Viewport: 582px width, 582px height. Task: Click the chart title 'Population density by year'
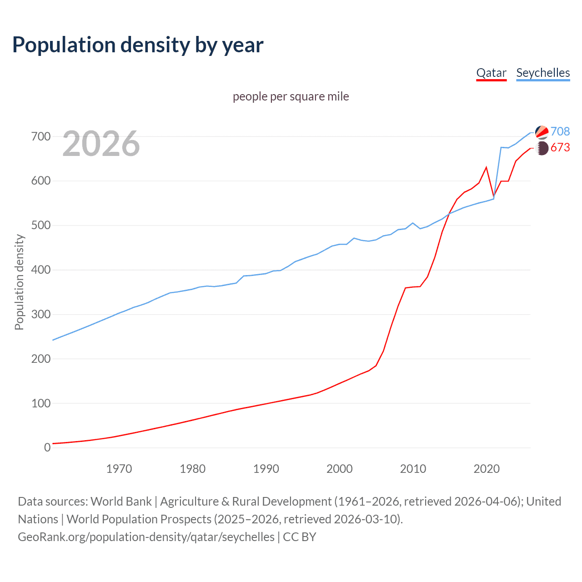click(138, 45)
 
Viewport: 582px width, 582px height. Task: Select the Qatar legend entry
click(491, 73)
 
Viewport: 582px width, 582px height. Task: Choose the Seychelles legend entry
click(543, 73)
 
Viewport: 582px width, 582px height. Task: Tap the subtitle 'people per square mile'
click(291, 96)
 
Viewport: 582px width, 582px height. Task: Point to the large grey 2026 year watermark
click(101, 144)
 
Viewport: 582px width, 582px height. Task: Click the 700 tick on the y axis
click(41, 136)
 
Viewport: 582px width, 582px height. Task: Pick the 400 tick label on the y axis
click(41, 270)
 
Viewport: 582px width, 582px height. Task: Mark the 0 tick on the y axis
click(47, 448)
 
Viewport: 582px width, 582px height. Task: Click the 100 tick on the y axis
click(41, 403)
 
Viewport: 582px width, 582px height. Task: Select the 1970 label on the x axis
click(119, 469)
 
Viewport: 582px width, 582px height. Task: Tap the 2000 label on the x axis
click(339, 469)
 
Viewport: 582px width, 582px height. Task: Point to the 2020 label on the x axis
click(487, 469)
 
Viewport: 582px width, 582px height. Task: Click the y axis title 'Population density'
click(19, 282)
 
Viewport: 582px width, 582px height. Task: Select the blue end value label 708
click(560, 131)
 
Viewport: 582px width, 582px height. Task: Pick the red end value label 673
click(560, 148)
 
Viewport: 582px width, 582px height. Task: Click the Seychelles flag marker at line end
click(542, 132)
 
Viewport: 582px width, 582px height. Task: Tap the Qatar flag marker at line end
click(542, 148)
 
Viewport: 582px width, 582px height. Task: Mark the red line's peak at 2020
click(487, 167)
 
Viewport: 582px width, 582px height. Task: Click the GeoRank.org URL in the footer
click(146, 537)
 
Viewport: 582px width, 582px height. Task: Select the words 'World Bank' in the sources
click(121, 502)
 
